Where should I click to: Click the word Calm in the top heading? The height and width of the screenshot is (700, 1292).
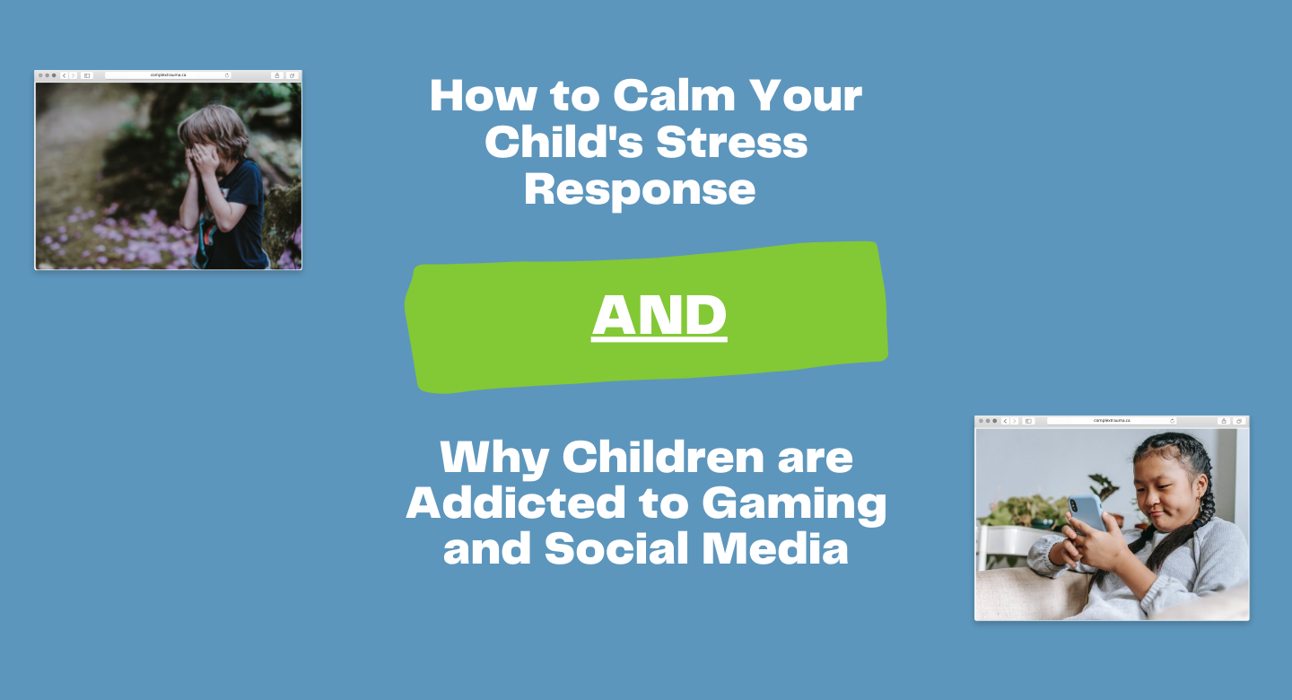point(674,95)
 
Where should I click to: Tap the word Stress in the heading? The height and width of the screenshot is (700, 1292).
point(731,142)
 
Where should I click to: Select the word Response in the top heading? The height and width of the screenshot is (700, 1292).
point(640,191)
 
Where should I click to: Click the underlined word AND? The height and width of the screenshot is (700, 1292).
point(659,316)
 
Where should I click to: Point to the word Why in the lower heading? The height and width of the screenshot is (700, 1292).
point(493,459)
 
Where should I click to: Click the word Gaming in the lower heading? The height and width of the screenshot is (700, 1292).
point(794,505)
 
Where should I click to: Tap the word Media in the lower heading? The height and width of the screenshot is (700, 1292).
point(775,547)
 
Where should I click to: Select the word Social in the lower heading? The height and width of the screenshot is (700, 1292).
point(616,547)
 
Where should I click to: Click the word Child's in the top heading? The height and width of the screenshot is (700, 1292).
point(563,142)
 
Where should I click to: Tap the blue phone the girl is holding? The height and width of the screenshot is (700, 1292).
point(1087,512)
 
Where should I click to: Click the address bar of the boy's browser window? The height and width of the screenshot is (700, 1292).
point(168,75)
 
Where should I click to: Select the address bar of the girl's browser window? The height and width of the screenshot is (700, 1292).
point(1112,421)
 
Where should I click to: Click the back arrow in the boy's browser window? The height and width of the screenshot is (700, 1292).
point(64,75)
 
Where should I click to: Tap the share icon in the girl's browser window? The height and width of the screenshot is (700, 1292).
point(1224,421)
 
